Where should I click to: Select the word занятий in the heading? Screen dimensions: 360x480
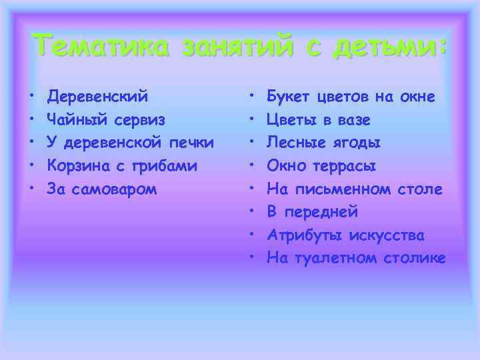coord(225,46)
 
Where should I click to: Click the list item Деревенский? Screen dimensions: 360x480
coord(98,97)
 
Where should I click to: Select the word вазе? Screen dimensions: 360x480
coord(354,120)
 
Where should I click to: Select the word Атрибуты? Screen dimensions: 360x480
coord(304,235)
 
